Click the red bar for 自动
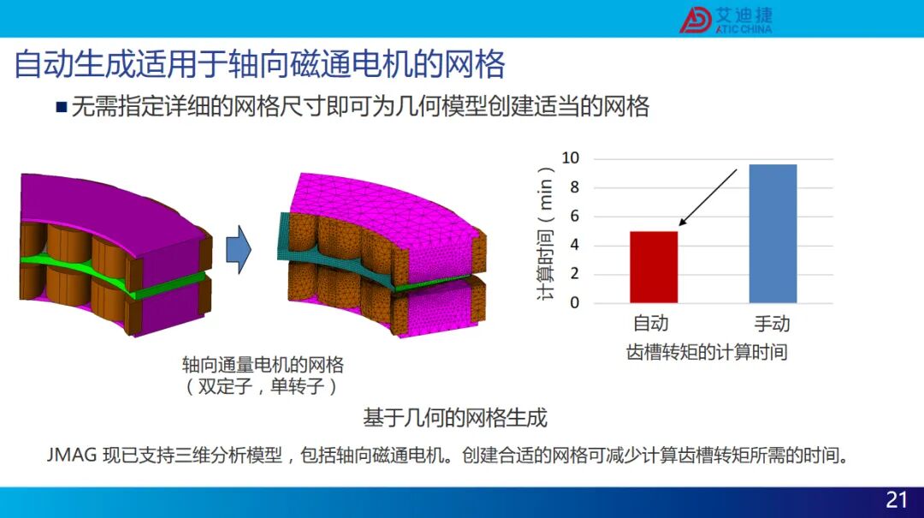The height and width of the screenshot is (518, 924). (x=654, y=267)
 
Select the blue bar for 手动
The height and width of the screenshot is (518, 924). (x=773, y=234)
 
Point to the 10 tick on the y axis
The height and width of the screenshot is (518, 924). (x=571, y=158)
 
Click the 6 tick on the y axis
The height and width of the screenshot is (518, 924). (x=575, y=216)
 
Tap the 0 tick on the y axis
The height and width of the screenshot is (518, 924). (x=575, y=302)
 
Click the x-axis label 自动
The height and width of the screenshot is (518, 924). (x=651, y=324)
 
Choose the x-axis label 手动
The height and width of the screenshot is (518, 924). (x=772, y=324)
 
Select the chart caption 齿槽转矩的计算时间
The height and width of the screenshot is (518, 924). (x=707, y=352)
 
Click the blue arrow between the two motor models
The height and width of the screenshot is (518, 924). (x=239, y=249)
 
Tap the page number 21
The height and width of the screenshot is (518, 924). (x=897, y=500)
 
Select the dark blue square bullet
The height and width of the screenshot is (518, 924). (x=62, y=107)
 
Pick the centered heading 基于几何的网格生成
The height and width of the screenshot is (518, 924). (x=455, y=418)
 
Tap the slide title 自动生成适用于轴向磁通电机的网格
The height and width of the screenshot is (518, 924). (x=259, y=63)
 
